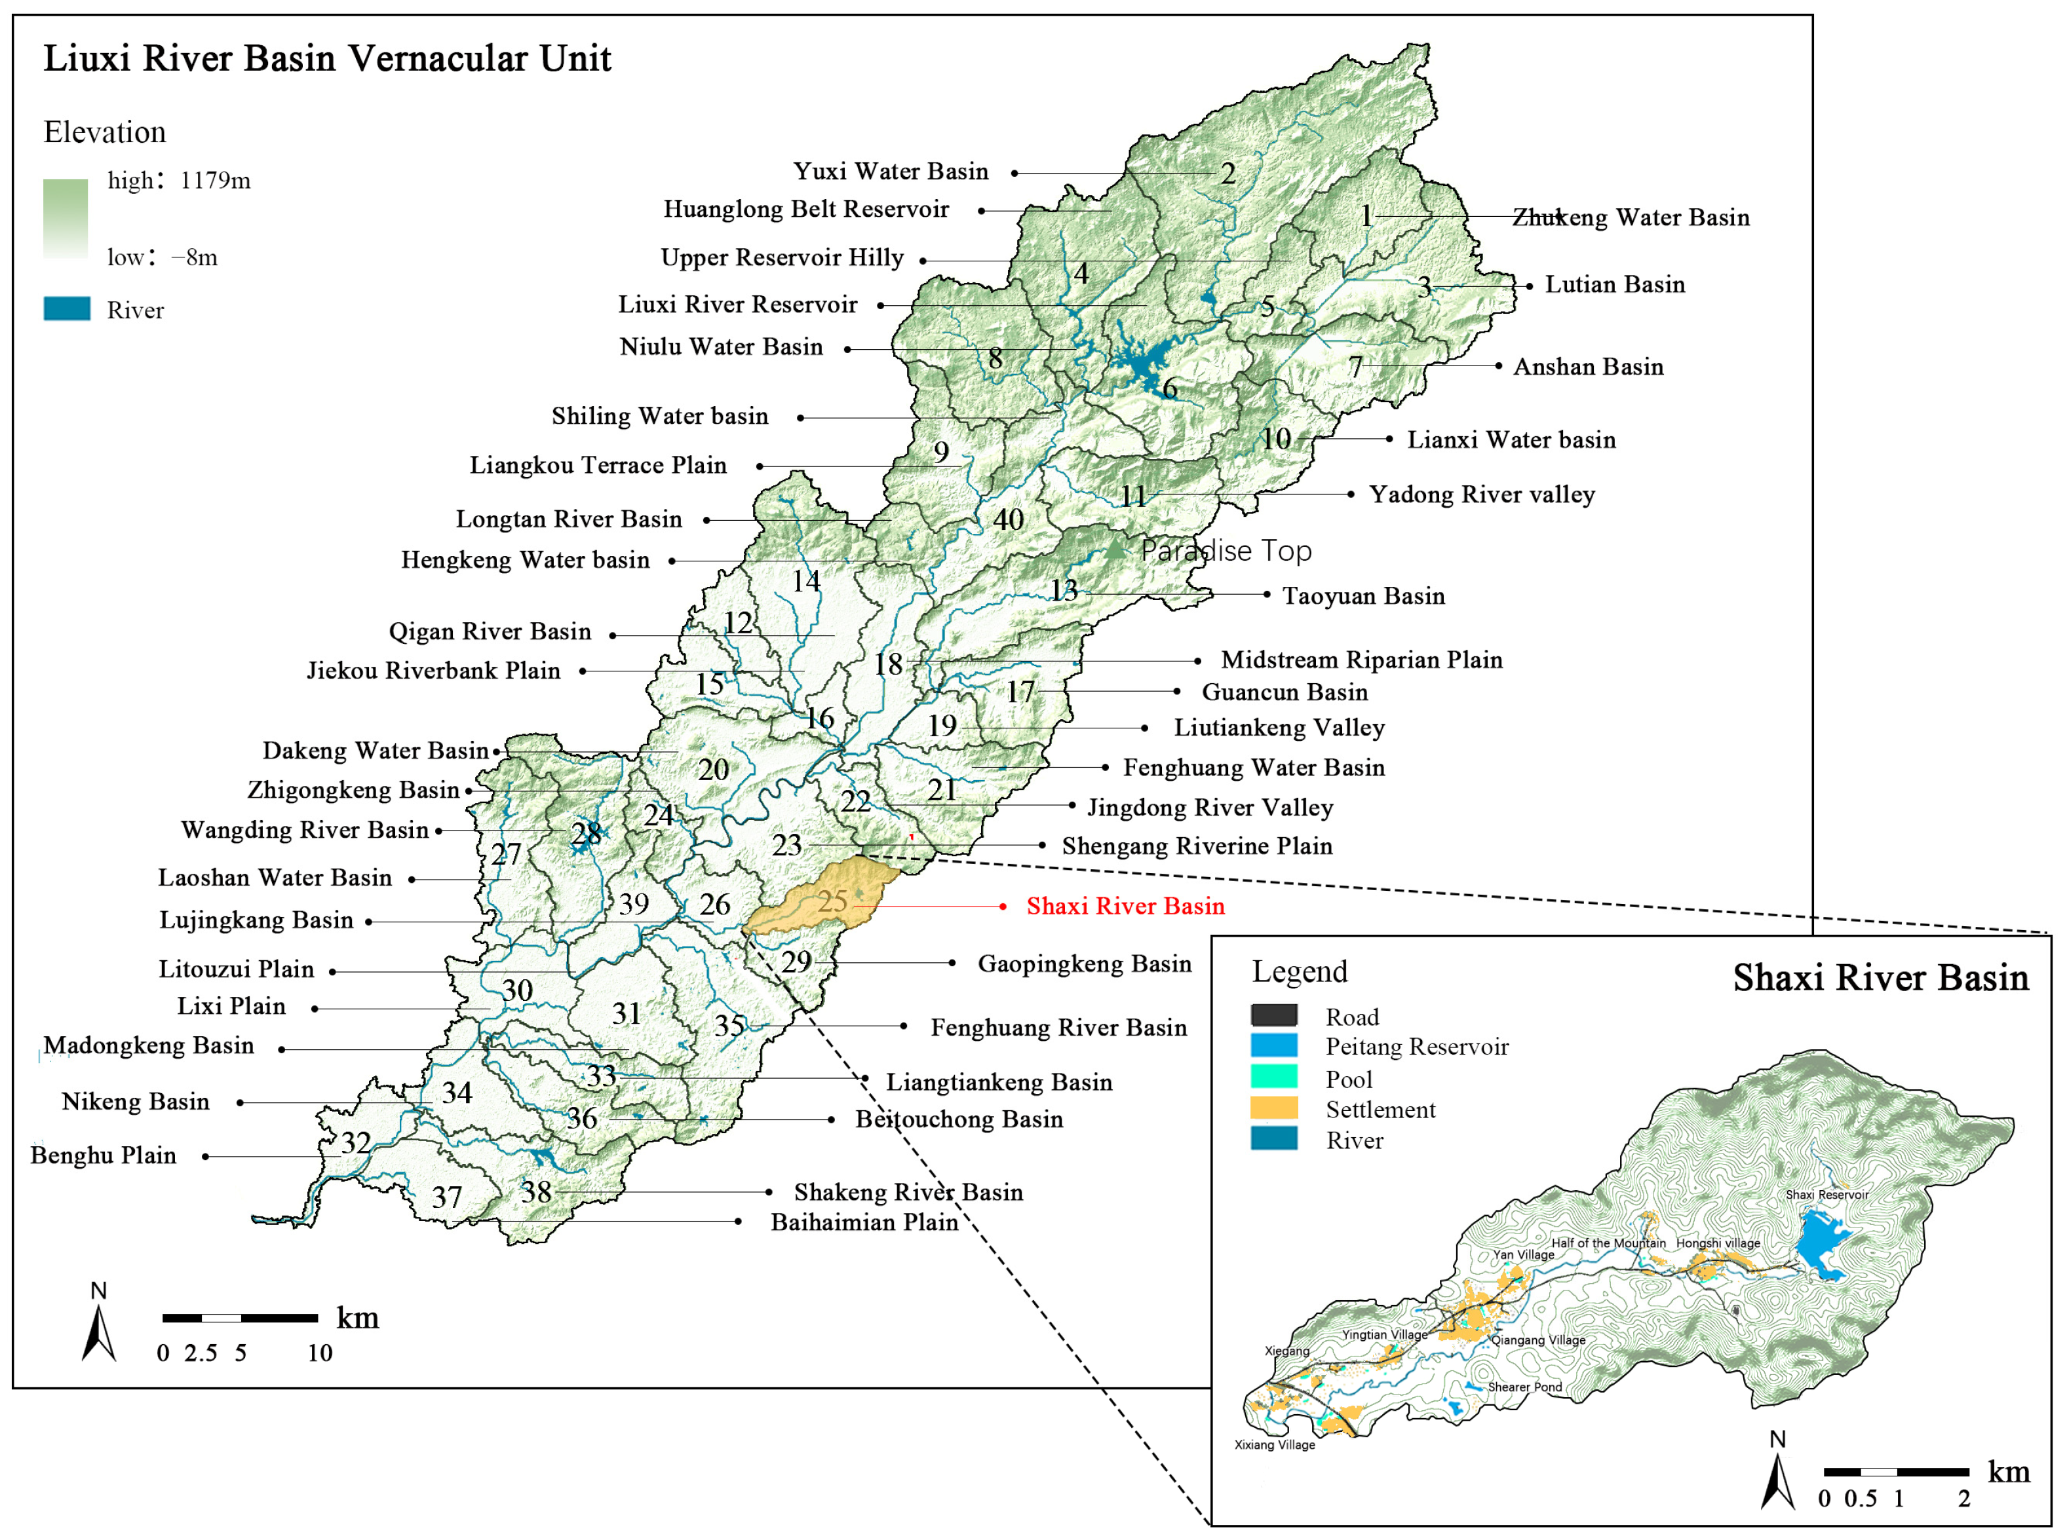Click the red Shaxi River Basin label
(x=1125, y=906)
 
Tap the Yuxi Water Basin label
(x=890, y=171)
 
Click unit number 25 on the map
(x=832, y=900)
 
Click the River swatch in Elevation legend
(x=67, y=309)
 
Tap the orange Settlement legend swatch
(x=1273, y=1108)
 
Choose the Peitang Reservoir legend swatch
(x=1273, y=1045)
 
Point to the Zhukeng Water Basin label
(x=1630, y=217)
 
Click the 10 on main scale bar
(x=320, y=1353)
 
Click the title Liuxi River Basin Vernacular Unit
(x=328, y=58)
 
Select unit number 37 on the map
(x=446, y=1197)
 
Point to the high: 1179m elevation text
(x=179, y=180)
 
